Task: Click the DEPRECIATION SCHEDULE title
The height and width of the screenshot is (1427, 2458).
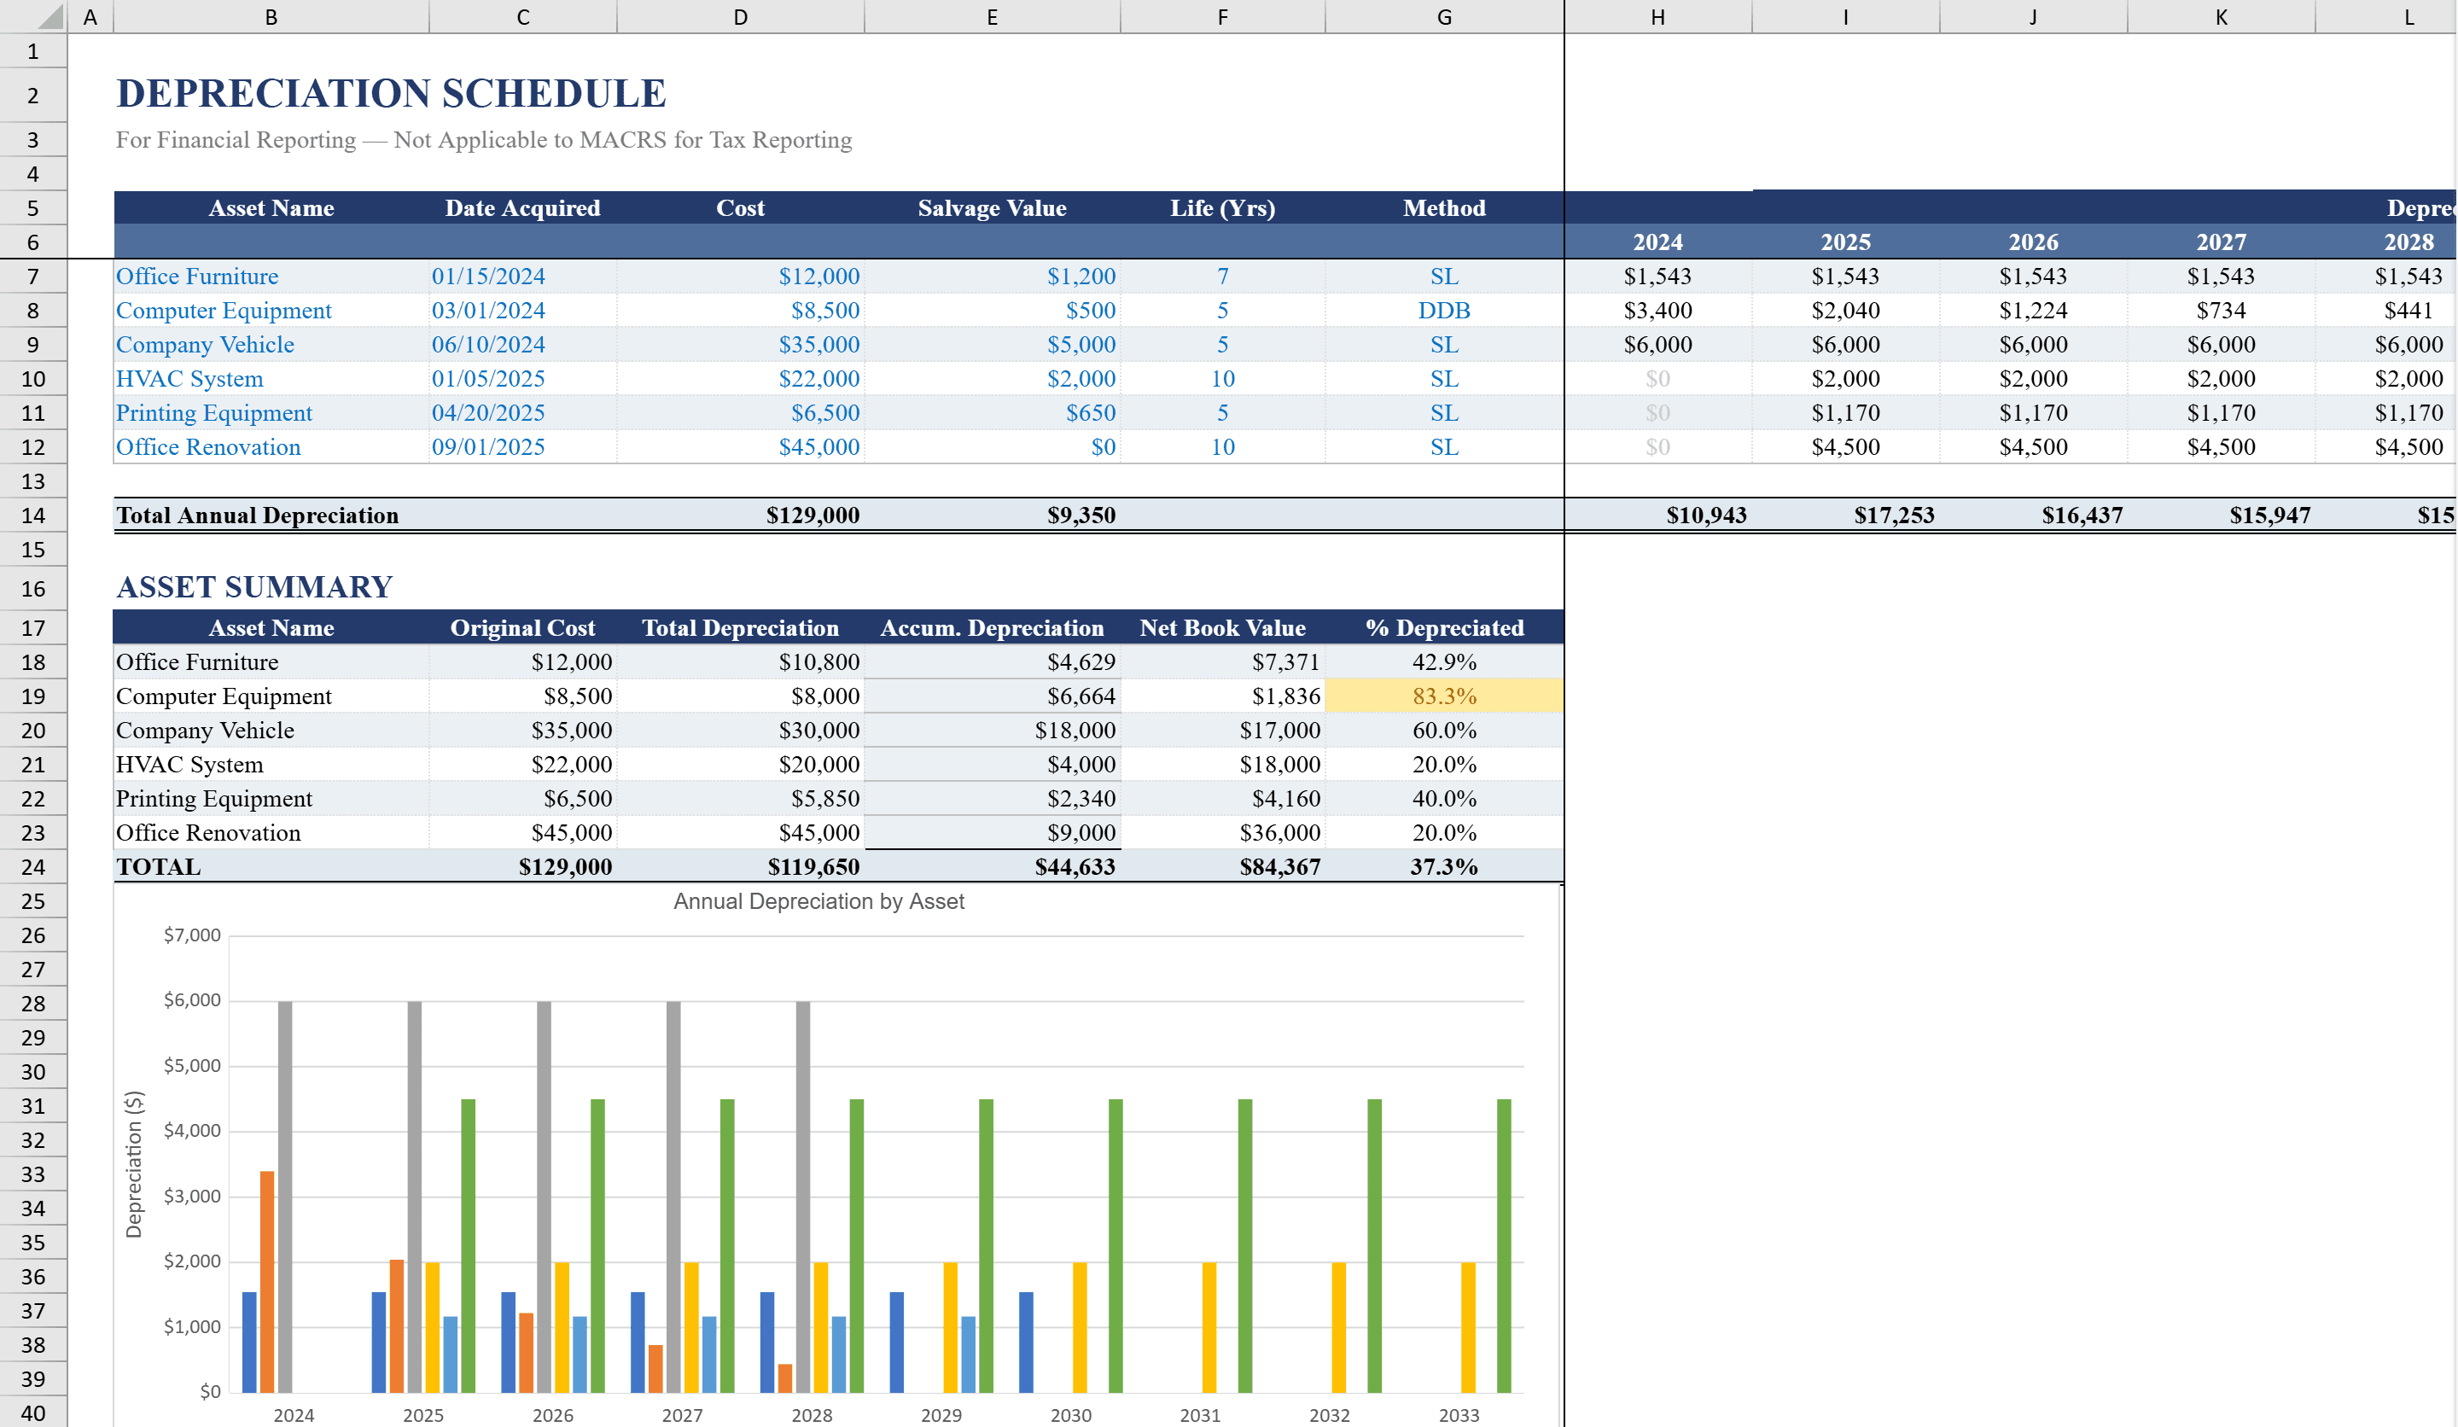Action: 391,94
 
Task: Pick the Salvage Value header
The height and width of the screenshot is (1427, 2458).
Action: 991,207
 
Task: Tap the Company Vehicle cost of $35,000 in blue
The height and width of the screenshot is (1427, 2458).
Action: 818,344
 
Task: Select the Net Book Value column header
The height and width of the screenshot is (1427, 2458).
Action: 1222,628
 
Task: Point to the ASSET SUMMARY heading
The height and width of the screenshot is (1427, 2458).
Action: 254,587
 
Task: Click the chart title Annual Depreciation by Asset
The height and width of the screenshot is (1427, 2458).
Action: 818,901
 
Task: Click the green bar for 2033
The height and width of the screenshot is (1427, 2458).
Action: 1504,1244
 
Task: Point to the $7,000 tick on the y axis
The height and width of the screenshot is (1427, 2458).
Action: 192,935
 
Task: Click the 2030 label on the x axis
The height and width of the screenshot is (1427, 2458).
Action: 1070,1415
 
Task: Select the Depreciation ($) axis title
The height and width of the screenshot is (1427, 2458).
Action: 134,1163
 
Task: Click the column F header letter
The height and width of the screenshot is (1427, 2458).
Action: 1222,16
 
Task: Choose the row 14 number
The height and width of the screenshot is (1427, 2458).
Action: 33,515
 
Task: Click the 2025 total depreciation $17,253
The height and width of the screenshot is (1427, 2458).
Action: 1893,515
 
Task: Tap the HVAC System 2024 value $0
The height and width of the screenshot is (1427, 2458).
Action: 1657,378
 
